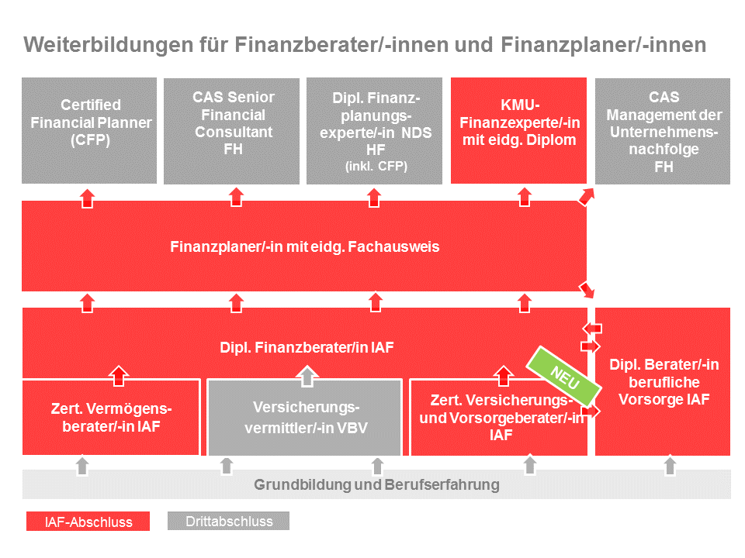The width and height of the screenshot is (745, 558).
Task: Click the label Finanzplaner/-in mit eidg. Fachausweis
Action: [x=304, y=247]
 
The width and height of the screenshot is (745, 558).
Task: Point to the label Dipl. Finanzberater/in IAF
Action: [x=304, y=347]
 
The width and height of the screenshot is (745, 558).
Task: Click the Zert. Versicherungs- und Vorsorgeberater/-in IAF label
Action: [x=501, y=417]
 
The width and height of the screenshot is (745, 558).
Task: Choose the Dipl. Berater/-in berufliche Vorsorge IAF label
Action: [x=664, y=382]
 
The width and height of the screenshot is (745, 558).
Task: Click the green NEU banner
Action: [x=564, y=374]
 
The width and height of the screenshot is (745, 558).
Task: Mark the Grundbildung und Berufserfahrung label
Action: [x=376, y=485]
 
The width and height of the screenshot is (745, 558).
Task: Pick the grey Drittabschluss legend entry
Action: [x=229, y=521]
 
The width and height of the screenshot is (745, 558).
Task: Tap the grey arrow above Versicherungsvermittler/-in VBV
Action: [x=307, y=376]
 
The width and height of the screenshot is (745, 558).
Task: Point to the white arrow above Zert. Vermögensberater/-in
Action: [x=118, y=376]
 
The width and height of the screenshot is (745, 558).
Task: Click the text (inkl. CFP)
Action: [x=376, y=166]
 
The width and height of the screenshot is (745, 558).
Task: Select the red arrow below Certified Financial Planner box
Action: [x=87, y=198]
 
